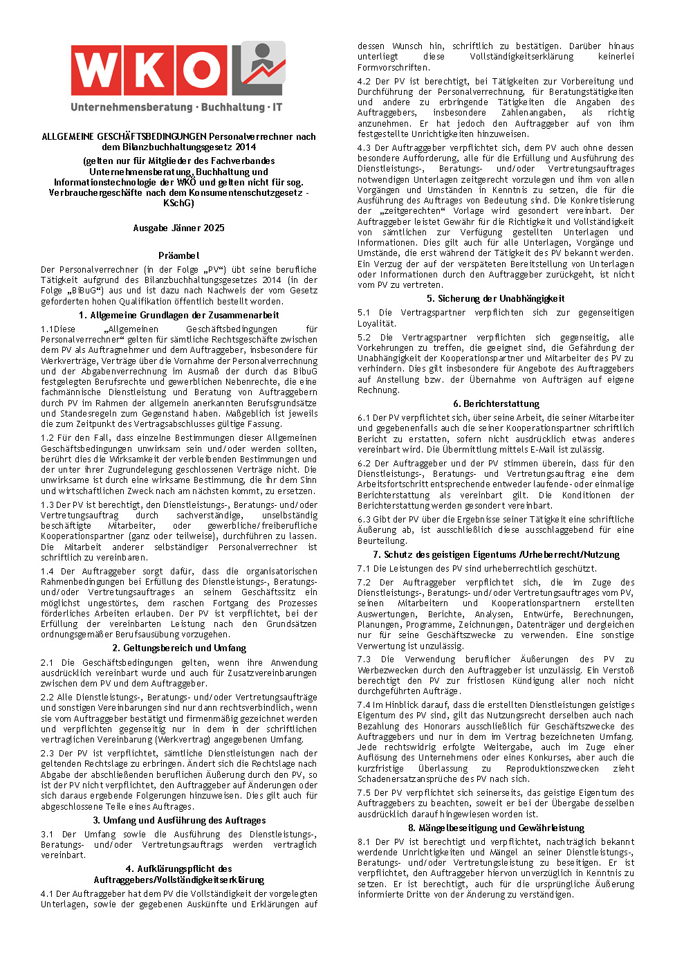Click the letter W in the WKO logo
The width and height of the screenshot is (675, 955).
[x=99, y=71]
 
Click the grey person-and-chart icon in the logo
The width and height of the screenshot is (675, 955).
[x=259, y=68]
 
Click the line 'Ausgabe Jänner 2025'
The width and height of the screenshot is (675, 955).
[x=178, y=228]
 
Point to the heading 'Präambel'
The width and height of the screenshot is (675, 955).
[x=178, y=255]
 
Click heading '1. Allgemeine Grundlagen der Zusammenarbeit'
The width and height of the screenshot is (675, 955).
[x=178, y=315]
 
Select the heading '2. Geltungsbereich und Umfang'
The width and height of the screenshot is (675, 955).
[x=178, y=648]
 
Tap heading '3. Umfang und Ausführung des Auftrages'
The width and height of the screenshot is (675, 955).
[x=178, y=820]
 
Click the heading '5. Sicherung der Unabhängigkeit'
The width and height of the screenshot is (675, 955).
[x=495, y=299]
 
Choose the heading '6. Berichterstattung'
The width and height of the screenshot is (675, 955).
[x=495, y=403]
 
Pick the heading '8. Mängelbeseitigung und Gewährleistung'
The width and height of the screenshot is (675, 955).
[x=495, y=828]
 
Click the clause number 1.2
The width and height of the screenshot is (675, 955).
[x=47, y=438]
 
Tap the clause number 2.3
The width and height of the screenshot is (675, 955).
[x=47, y=754]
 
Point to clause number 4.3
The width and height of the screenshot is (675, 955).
[x=364, y=148]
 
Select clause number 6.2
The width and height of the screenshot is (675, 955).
[x=364, y=464]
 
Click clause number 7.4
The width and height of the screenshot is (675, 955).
[x=364, y=705]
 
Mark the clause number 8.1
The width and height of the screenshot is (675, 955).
[x=364, y=842]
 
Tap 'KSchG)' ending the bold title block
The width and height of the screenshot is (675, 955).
[x=178, y=203]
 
